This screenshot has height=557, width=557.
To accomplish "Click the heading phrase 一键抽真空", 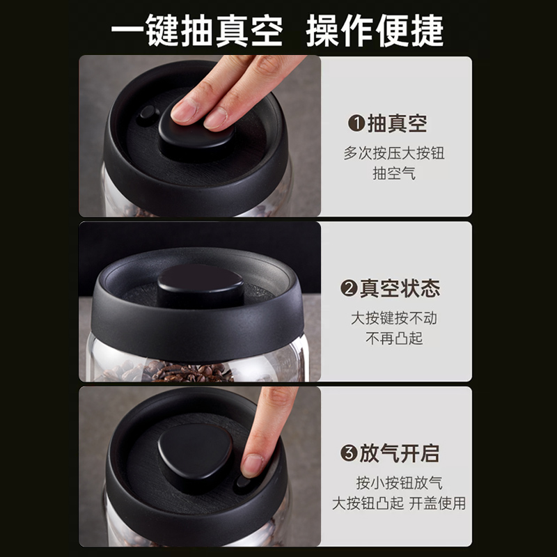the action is [x=197, y=31].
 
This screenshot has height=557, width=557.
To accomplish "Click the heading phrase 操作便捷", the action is [x=375, y=31].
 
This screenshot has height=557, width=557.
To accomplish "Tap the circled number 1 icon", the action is [x=356, y=123].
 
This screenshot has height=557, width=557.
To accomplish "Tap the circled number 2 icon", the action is [x=349, y=288].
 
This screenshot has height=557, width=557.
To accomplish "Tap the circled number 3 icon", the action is [x=349, y=453].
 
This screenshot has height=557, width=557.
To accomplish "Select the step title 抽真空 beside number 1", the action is [x=397, y=123].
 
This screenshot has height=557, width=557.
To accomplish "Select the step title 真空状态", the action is [x=400, y=288].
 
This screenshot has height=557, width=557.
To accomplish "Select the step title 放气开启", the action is [x=400, y=453].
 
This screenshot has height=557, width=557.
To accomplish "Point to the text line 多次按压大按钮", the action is [x=394, y=153].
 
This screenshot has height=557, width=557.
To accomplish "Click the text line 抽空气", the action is [x=394, y=173].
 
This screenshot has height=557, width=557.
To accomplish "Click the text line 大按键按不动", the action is [x=394, y=318].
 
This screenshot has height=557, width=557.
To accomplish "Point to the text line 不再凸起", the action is [x=394, y=338].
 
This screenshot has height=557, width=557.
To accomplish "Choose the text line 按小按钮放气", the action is [x=399, y=483].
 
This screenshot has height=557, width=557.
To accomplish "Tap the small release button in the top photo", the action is [x=148, y=113].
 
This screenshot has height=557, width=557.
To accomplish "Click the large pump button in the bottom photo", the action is [x=195, y=456].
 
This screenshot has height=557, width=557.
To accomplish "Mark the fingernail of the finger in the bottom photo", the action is [x=252, y=464].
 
